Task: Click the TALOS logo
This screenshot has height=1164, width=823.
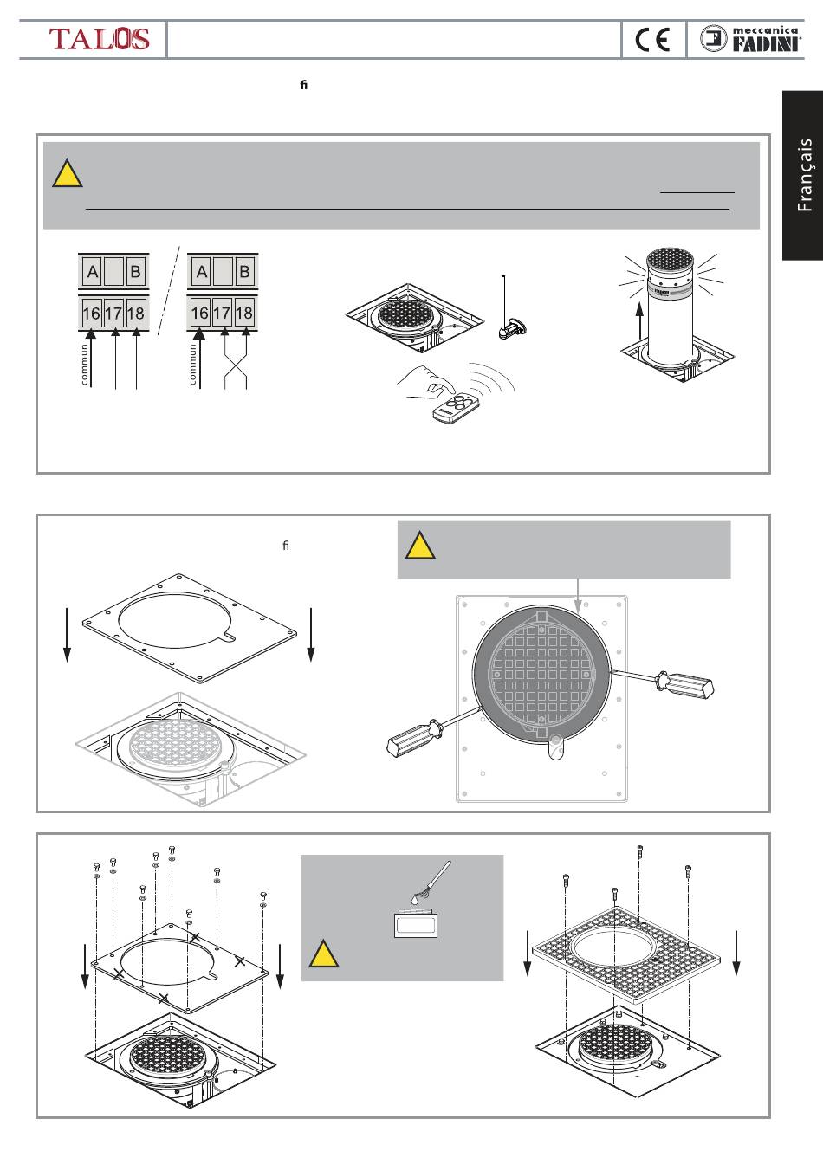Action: click(x=99, y=39)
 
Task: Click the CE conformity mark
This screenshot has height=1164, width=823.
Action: click(x=652, y=40)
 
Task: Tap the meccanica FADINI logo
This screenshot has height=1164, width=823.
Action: click(x=750, y=39)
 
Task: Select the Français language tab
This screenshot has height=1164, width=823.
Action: click(x=804, y=175)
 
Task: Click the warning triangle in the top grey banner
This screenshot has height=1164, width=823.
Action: click(x=67, y=175)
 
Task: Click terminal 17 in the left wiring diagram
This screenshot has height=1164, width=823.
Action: click(x=113, y=314)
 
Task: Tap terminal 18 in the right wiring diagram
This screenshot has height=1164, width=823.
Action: click(x=244, y=314)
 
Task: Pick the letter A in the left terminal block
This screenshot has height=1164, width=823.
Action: click(x=92, y=272)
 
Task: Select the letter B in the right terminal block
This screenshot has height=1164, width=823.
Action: click(x=244, y=272)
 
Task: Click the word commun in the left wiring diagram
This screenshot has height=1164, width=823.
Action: click(x=84, y=365)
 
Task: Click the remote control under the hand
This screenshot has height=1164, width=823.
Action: click(x=457, y=411)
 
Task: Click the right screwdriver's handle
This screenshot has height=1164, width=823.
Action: click(x=686, y=683)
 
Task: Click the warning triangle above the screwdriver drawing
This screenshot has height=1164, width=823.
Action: click(x=420, y=546)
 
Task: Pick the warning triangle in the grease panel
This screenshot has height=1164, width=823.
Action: click(x=323, y=955)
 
